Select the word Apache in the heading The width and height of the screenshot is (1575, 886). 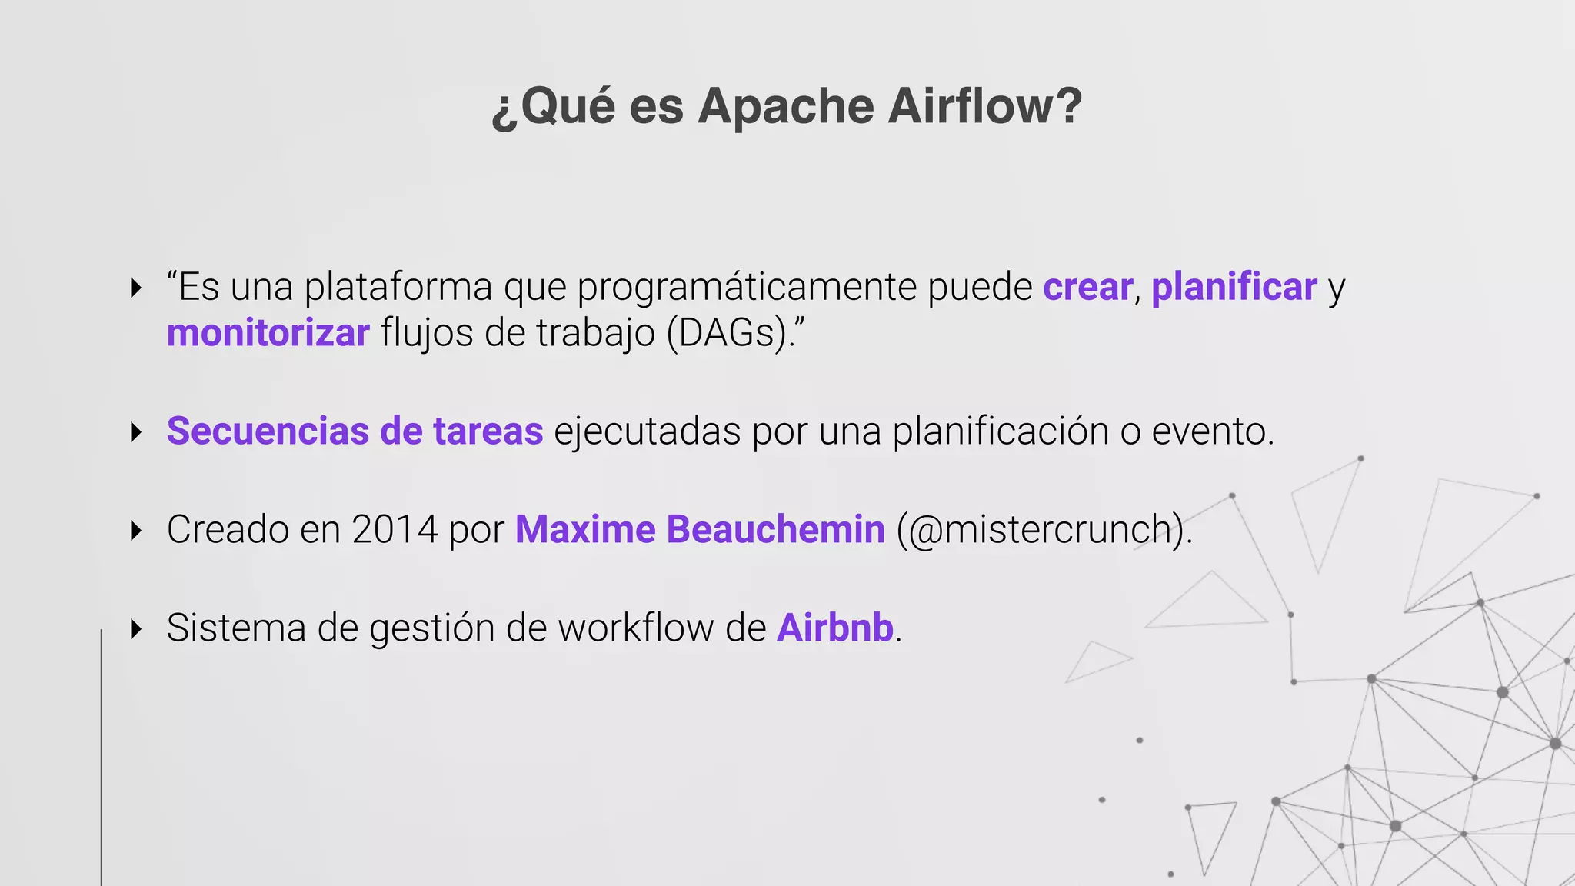coord(785,107)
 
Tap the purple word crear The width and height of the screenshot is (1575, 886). coord(1087,287)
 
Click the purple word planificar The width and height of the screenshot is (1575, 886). coord(1234,287)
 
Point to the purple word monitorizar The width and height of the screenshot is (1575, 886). coord(268,333)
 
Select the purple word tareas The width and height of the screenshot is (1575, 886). coord(488,431)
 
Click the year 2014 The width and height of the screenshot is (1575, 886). coord(395,529)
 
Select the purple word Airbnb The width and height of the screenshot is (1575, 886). coord(834,628)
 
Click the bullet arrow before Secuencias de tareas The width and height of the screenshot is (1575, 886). coord(137,431)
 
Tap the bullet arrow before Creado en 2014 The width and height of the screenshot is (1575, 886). coord(137,530)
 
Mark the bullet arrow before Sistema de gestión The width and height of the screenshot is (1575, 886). coord(137,628)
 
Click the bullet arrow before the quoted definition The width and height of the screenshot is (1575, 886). coord(137,288)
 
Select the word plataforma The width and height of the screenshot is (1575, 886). coord(398,288)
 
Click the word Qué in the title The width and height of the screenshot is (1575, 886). coord(568,105)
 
